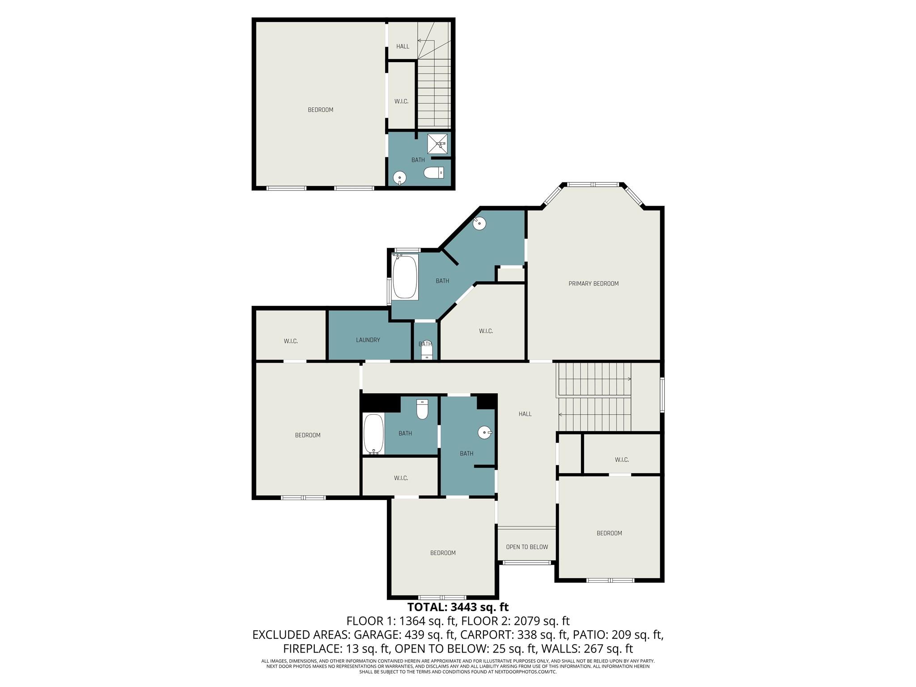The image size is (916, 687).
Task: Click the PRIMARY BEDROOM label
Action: [x=593, y=284]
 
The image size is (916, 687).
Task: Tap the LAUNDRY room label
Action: [x=368, y=340]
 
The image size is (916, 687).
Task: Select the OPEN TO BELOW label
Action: [x=526, y=547]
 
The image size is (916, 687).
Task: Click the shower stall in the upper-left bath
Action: [x=437, y=144]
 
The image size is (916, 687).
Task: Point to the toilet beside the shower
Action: [x=433, y=173]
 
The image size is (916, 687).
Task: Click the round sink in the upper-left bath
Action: [x=399, y=178]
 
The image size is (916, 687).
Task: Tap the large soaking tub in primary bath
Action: [x=405, y=277]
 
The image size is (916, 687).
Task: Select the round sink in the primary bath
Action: [x=479, y=223]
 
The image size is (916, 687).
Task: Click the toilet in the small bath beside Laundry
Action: [x=427, y=351]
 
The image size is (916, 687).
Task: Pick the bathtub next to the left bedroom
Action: [x=373, y=434]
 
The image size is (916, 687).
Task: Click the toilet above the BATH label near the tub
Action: [x=422, y=409]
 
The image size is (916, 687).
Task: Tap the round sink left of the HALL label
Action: [x=485, y=433]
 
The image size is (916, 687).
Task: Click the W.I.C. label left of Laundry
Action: [x=290, y=341]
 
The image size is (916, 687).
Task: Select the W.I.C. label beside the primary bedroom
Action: [x=486, y=331]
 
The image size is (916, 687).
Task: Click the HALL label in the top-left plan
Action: [x=403, y=47]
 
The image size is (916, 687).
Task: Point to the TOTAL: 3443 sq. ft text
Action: [x=458, y=607]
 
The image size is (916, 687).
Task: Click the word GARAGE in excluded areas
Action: [x=377, y=635]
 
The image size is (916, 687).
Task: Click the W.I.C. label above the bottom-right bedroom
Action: [x=621, y=460]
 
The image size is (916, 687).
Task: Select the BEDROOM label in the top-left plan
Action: [x=320, y=110]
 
